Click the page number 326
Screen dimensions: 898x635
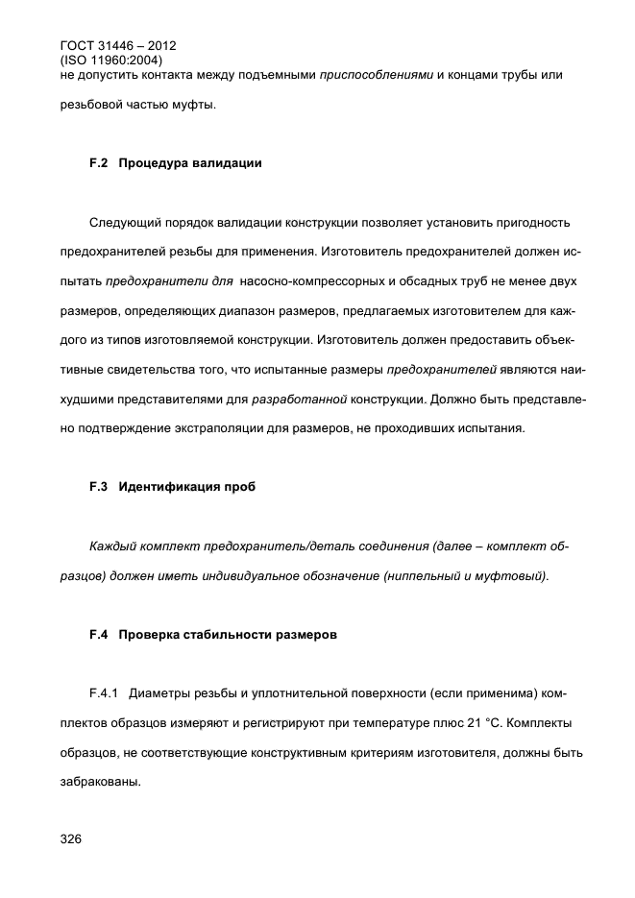pos(70,839)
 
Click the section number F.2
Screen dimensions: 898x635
pos(98,163)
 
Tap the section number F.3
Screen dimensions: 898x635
pos(98,487)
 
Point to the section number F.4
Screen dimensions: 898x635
pos(98,635)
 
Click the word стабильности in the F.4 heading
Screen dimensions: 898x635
pos(231,635)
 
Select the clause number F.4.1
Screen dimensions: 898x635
pos(104,693)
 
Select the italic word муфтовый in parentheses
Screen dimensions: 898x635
pos(515,576)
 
